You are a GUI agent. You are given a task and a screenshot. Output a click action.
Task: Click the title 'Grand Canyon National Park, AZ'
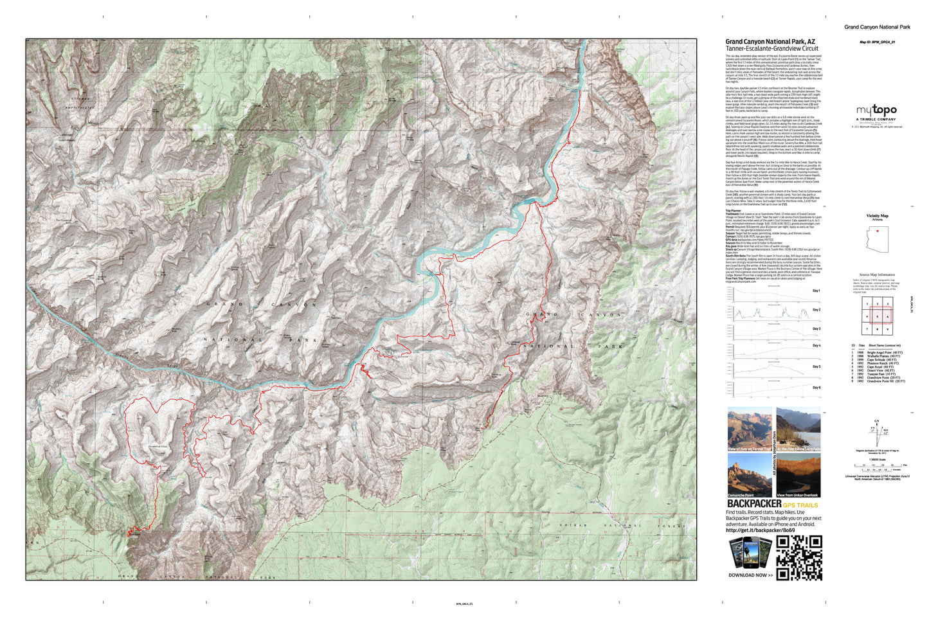770,42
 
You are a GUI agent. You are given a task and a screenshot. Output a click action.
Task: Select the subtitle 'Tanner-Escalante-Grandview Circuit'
771,49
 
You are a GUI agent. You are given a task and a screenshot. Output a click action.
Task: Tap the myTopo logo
876,111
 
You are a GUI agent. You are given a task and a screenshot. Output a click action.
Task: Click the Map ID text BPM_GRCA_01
877,42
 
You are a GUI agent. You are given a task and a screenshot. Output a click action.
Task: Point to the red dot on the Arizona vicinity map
877,231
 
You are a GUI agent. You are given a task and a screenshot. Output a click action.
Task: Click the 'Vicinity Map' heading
877,216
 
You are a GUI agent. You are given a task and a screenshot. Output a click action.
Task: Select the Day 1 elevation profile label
816,291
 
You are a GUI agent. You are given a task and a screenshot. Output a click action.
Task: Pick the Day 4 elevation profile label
816,346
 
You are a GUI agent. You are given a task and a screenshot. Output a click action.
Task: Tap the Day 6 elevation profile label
816,388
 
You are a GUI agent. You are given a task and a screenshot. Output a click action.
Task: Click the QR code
799,557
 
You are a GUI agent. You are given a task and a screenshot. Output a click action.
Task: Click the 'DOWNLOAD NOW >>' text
750,575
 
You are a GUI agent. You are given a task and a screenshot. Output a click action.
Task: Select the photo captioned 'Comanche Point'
749,475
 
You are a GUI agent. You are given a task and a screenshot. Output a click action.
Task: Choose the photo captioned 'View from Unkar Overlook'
798,475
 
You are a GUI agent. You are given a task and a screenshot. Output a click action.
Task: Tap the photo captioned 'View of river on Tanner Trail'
749,429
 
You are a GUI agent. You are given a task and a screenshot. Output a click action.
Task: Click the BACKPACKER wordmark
753,504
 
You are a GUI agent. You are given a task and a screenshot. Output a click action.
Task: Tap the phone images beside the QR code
750,553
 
